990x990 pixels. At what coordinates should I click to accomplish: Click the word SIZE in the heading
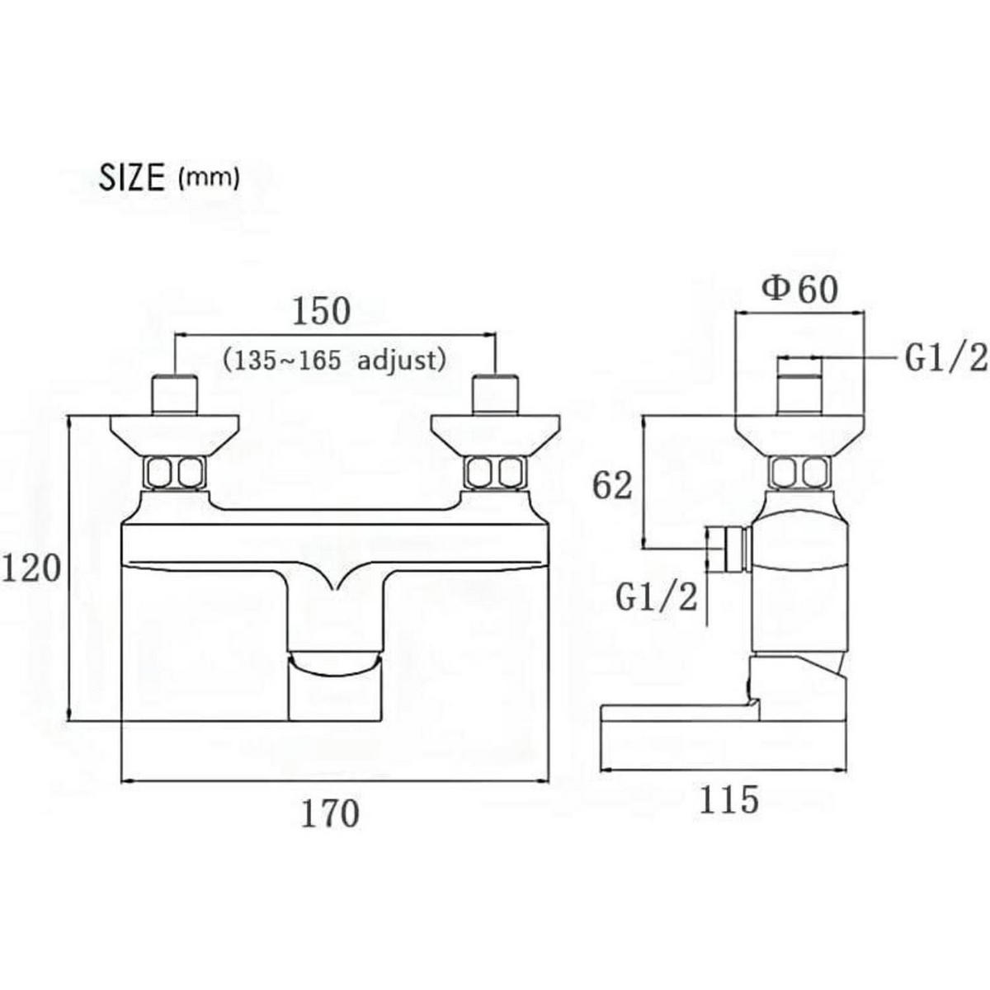(131, 177)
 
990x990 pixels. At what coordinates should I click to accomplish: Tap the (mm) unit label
(208, 180)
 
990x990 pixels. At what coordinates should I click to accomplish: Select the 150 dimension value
(321, 312)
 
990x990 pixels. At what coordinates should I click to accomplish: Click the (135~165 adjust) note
(335, 361)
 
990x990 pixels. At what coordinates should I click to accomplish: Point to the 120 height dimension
(32, 568)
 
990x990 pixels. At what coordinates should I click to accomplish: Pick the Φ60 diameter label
(799, 290)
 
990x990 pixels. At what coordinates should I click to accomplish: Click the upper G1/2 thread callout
(945, 360)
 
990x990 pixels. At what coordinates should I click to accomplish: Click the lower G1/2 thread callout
(657, 597)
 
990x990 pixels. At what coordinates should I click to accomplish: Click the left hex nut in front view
(176, 472)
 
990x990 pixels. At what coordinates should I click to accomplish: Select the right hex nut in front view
(496, 472)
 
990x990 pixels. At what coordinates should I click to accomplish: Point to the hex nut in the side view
(800, 472)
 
